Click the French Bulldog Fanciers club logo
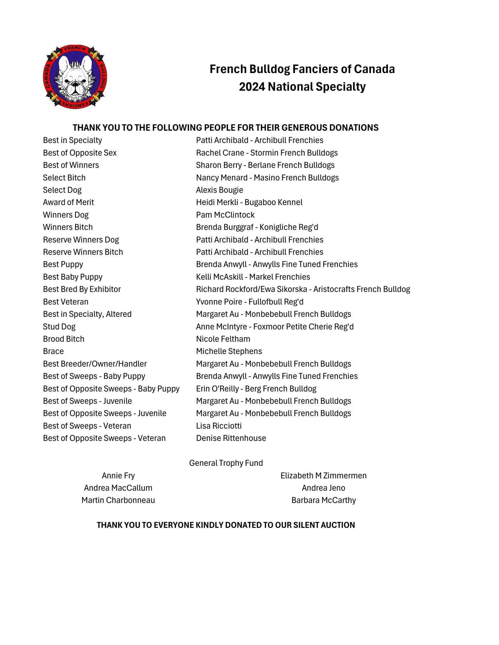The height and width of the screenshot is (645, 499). coord(75,77)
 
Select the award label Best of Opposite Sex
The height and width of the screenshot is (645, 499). coord(80,153)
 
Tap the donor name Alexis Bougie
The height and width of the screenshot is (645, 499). coord(219,190)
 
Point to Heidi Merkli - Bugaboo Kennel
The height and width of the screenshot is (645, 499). coord(249,202)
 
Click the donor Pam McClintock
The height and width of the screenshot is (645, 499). coord(225,215)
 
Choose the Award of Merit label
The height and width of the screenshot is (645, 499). coord(68,202)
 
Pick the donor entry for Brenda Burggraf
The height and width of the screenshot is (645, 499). coord(257,227)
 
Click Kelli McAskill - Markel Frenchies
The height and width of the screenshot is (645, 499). coord(253,277)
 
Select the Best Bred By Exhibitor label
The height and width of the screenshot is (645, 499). coord(82,289)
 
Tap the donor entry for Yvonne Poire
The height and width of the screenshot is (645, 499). coord(250,302)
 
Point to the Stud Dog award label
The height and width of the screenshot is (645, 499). coord(59,327)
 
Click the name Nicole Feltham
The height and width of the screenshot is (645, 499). coord(223,339)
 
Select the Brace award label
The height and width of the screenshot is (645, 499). coord(53,351)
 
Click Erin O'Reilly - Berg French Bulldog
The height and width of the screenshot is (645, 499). coord(256,389)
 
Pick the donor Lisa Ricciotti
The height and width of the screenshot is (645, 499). coord(219,426)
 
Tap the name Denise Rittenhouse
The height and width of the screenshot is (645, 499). coord(231,438)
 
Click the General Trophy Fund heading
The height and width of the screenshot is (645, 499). coord(226,463)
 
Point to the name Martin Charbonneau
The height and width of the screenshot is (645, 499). coord(118,500)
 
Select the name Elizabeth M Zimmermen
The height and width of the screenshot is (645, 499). coord(323,476)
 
